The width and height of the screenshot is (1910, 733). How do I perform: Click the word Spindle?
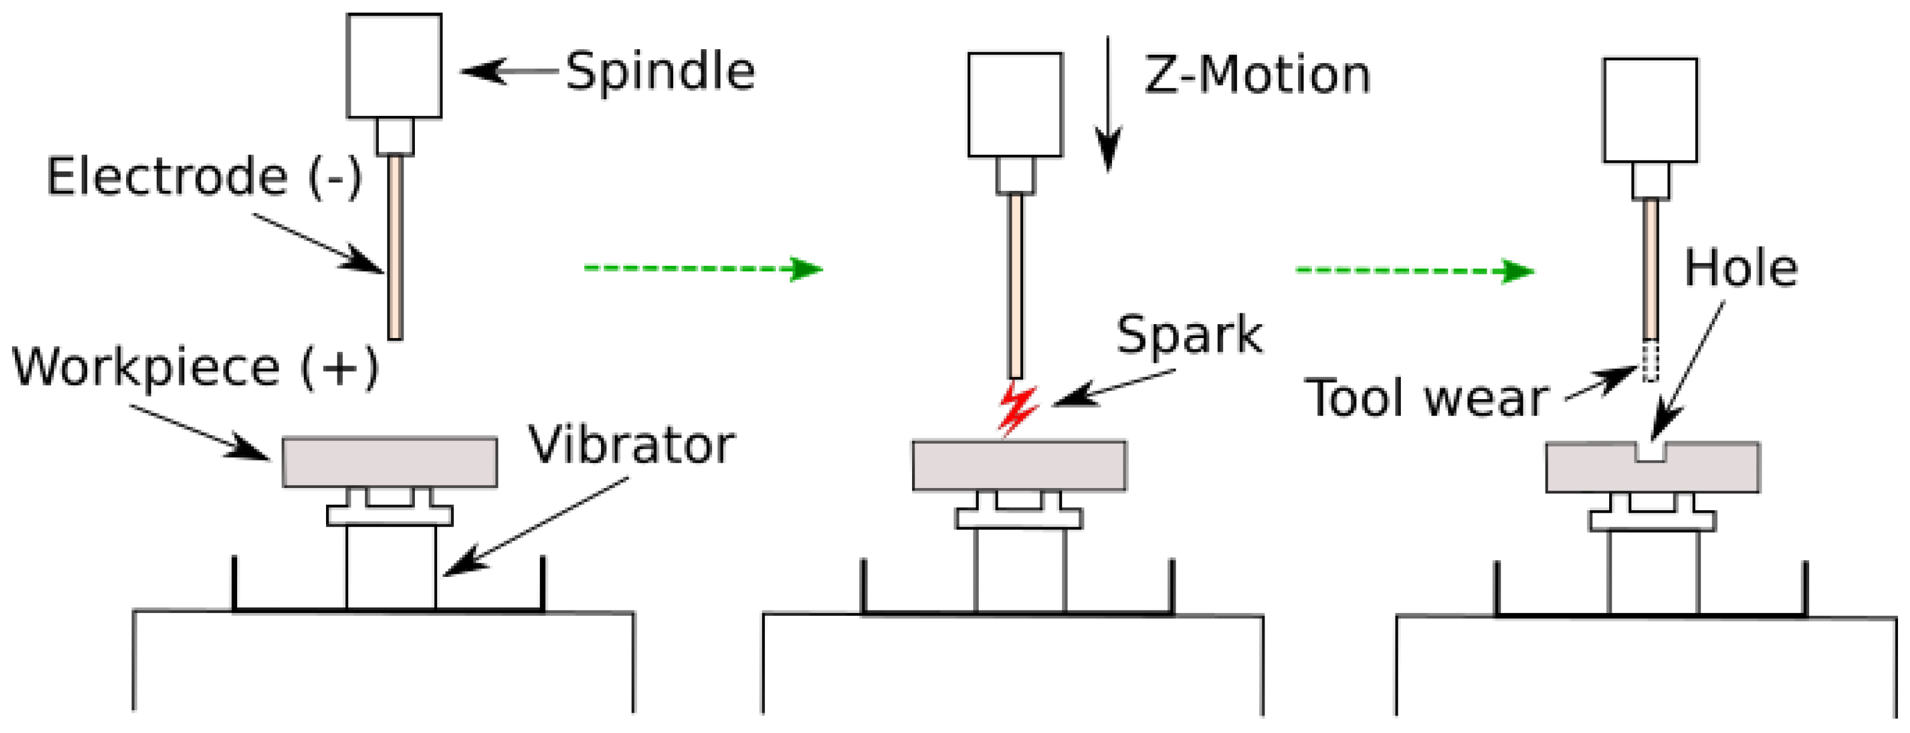660,72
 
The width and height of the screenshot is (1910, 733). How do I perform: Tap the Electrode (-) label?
204,176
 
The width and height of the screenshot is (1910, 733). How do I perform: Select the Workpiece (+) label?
195,367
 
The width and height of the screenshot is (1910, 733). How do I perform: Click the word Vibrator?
632,445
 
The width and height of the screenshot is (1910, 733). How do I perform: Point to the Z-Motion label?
1257,76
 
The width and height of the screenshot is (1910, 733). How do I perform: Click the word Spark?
1189,335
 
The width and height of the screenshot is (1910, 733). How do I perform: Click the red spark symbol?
1017,408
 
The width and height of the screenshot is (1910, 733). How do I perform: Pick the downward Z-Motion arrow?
1108,104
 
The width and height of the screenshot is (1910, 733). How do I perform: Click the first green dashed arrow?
703,268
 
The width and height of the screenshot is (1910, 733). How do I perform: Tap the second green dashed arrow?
1414,271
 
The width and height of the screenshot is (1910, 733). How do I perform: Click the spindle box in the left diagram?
394,65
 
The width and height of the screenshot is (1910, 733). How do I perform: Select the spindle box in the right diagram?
1650,110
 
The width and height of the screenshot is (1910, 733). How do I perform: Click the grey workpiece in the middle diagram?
1019,465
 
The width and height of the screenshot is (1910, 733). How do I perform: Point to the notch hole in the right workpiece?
1651,451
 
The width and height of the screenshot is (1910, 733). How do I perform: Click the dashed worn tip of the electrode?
1650,361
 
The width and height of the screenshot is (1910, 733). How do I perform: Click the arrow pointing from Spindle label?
508,72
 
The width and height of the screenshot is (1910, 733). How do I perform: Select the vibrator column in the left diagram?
391,567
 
